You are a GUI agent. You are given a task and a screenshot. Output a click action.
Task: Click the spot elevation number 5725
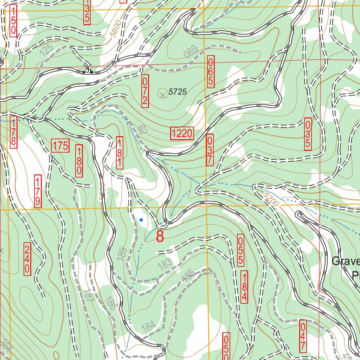(x=177, y=92)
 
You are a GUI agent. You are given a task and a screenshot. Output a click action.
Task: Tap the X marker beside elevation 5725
(x=162, y=94)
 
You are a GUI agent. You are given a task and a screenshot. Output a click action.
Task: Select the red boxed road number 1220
(x=182, y=133)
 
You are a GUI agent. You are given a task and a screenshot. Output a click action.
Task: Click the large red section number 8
(x=160, y=236)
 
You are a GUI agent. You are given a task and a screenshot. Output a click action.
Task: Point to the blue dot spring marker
(x=141, y=220)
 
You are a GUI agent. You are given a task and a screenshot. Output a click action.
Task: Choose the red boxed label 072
(x=145, y=91)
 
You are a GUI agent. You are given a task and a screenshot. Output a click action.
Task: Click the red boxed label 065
(x=211, y=72)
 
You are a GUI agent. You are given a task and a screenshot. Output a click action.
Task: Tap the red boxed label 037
(x=210, y=150)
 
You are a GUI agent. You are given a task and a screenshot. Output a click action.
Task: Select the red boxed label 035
(x=308, y=134)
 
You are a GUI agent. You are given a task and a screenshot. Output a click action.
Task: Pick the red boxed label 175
(x=60, y=146)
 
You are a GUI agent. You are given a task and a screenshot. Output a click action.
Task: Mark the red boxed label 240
(x=27, y=259)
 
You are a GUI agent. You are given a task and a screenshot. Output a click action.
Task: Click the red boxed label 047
(x=303, y=335)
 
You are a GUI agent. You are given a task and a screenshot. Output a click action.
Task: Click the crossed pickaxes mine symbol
(x=88, y=69)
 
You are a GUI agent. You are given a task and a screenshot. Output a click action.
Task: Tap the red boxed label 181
(x=120, y=153)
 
